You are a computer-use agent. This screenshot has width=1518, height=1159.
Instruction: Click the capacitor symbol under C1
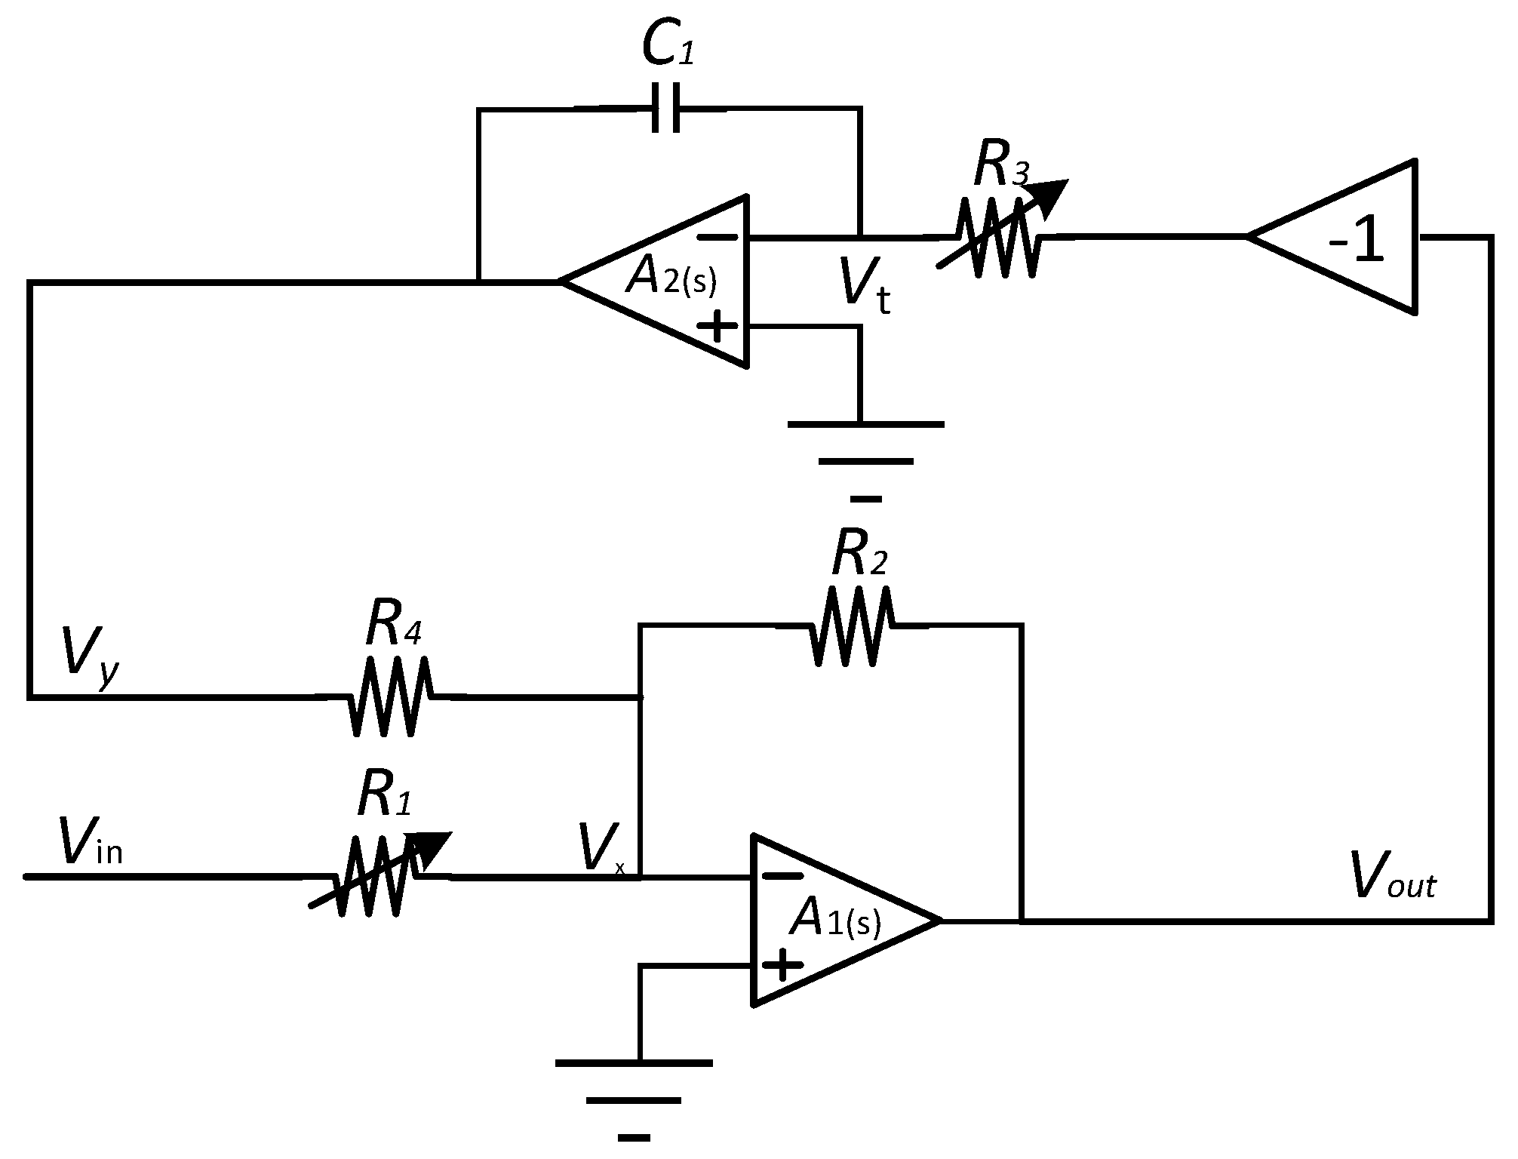666,108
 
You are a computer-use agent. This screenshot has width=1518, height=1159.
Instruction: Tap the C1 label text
667,45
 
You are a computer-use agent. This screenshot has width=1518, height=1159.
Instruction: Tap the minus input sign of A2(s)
716,237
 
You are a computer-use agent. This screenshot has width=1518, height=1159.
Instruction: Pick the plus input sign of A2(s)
717,327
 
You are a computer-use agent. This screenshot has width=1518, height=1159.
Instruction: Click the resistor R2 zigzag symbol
852,626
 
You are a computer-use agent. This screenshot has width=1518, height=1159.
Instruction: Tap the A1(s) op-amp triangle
830,921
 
